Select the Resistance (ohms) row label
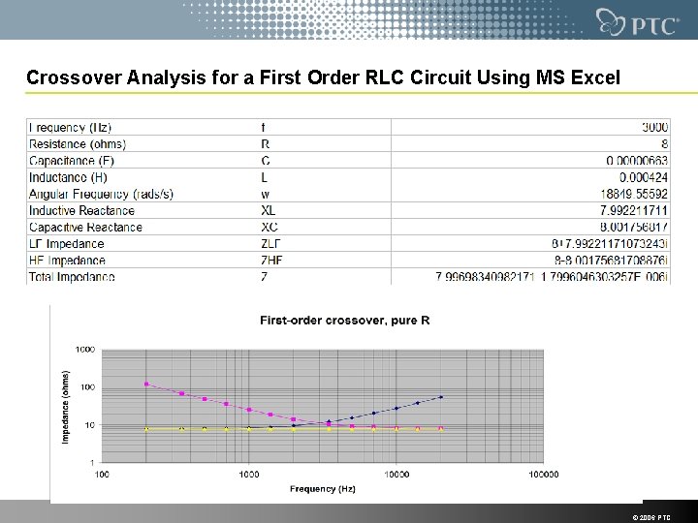point(78,144)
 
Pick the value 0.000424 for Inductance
point(641,177)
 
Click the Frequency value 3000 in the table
point(655,128)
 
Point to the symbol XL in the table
point(269,210)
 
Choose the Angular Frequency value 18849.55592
point(634,194)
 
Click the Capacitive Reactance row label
point(85,227)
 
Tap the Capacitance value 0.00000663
point(637,161)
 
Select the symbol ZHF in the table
point(272,260)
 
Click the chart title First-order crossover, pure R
point(344,320)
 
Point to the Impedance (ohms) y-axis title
point(67,406)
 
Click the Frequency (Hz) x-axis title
point(323,489)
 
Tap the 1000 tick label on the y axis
point(85,349)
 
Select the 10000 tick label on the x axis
point(397,475)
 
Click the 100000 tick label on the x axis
point(543,475)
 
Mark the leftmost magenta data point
point(146,384)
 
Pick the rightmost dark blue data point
point(441,397)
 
